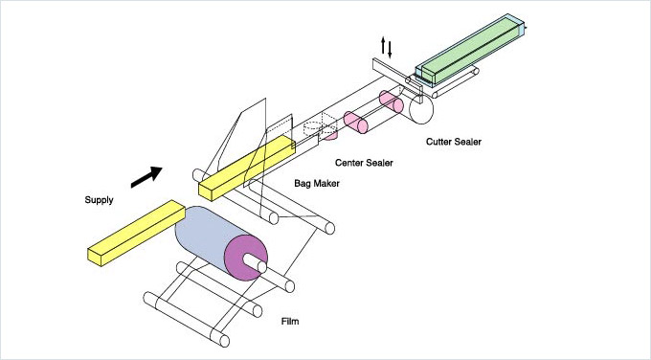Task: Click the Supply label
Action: pos(99,200)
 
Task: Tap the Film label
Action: pos(290,322)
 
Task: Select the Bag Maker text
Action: pos(317,183)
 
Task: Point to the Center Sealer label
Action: pos(364,163)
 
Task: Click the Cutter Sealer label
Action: pos(454,142)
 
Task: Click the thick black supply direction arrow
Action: pos(146,177)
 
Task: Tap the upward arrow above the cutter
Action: pos(384,45)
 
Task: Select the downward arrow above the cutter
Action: pos(390,50)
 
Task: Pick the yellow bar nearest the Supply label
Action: pos(136,233)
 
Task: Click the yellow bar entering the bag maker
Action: pos(247,169)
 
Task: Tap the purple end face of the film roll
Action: pos(246,258)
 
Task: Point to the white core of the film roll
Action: pos(255,262)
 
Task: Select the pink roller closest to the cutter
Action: pos(392,102)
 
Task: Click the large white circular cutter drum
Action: pos(421,109)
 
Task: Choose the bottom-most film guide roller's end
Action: pos(224,341)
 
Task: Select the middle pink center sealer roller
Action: pos(356,123)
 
